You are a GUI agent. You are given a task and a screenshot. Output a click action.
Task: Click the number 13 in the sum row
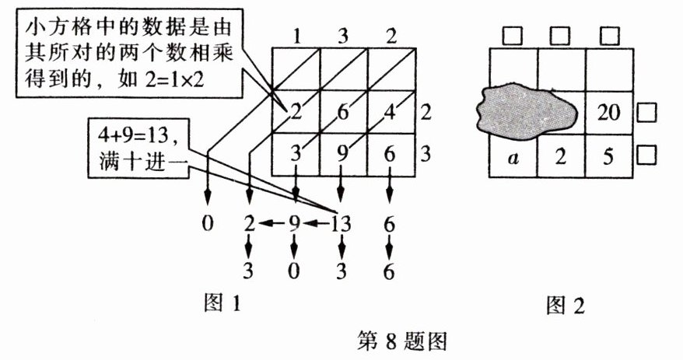click(341, 224)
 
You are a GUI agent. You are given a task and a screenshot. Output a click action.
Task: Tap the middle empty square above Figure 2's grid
click(559, 36)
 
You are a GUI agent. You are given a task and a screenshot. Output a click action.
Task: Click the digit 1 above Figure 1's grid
click(296, 35)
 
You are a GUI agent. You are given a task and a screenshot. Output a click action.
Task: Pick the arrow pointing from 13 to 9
click(317, 224)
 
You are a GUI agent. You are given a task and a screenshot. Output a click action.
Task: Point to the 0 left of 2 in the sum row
click(207, 224)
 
